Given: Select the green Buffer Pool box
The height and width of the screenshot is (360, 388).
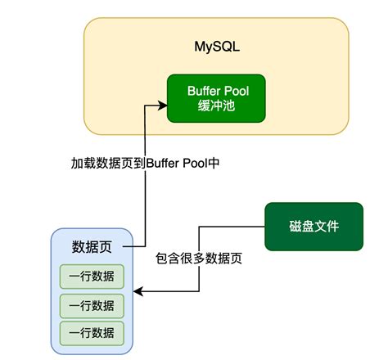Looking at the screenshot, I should (x=216, y=98).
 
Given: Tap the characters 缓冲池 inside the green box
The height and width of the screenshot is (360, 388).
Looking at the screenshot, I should (x=216, y=106).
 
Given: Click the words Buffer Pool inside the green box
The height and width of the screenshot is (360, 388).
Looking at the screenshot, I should (x=216, y=90).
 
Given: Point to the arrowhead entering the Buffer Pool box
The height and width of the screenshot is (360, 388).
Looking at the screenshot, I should (x=163, y=105).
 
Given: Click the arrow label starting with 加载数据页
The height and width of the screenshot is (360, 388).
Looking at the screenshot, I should (x=145, y=163).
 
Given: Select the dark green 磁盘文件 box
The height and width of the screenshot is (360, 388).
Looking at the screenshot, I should (x=314, y=227).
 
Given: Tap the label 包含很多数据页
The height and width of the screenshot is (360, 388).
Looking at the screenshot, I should (x=198, y=258).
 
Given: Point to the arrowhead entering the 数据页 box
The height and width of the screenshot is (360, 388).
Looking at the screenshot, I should (x=137, y=290).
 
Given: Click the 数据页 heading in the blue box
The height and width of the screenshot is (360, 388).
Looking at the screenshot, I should (x=92, y=247).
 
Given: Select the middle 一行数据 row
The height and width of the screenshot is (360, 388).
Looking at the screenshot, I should (x=92, y=305).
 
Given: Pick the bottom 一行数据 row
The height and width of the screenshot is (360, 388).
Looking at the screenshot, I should (x=92, y=333).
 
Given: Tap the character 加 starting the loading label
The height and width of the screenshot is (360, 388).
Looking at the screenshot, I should (x=76, y=163).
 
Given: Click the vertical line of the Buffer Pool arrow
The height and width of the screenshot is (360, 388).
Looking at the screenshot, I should (x=145, y=205).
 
